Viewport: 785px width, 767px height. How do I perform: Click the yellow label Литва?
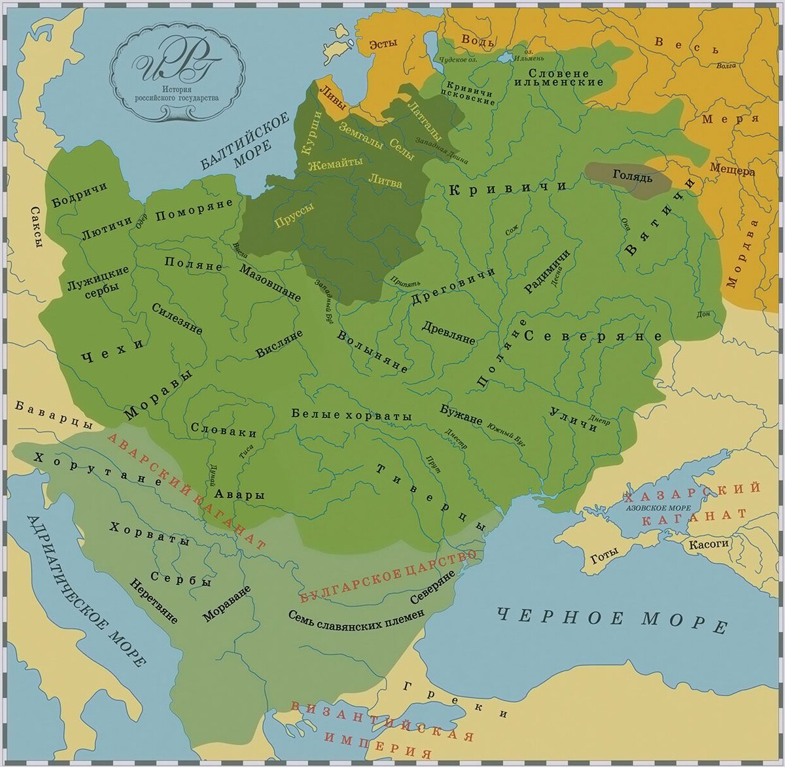(x=385, y=182)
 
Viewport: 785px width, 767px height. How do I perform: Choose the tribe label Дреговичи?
(x=453, y=287)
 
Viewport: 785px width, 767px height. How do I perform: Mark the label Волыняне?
(x=372, y=352)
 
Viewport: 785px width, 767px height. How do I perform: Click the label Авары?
(x=242, y=495)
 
